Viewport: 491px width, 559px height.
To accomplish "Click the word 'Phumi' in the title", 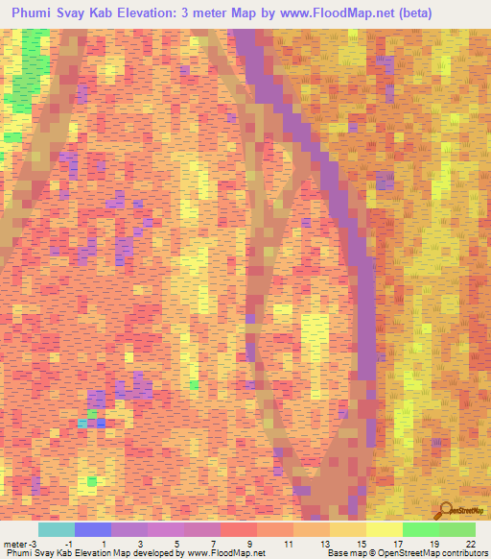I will tap(36, 13).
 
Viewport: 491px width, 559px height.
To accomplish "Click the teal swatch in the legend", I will tap(56, 529).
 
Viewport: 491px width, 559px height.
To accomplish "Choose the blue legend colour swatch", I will tap(92, 529).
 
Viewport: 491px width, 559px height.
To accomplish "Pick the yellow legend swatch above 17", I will tap(384, 529).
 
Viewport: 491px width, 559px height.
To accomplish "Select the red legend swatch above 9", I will tap(238, 529).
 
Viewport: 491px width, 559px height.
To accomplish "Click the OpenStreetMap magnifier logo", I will tap(445, 512).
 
